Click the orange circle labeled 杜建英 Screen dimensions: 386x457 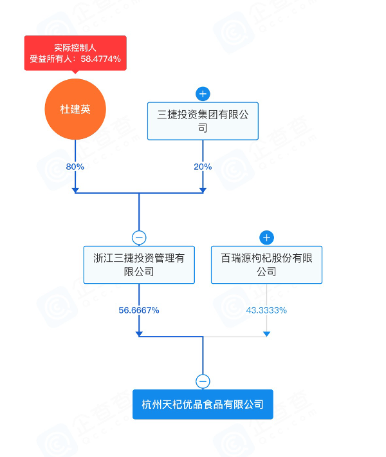pos(75,109)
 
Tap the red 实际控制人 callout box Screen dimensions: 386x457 pos(75,53)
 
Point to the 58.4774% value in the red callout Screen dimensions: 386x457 pos(100,59)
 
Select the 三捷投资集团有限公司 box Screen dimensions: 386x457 pos(203,121)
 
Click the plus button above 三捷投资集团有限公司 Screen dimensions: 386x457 pos(203,94)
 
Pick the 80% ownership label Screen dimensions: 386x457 pos(75,167)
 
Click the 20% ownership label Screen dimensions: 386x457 pos(203,167)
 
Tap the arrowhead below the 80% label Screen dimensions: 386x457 pos(75,191)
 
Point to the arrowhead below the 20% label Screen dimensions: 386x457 pos(203,191)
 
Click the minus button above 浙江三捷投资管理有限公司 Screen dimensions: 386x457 pos(139,238)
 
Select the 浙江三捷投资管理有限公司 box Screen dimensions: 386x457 pos(139,265)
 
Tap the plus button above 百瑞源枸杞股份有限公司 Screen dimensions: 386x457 pos(266,238)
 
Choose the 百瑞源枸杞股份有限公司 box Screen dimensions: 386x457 pos(266,265)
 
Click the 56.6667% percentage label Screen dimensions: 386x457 pos(139,310)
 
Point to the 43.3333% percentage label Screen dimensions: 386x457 pos(266,310)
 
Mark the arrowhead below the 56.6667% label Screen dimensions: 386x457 pos(139,334)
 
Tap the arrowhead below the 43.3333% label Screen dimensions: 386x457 pos(266,334)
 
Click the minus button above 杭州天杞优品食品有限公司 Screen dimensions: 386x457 pos(203,381)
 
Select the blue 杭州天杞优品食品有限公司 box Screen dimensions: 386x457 pos(203,404)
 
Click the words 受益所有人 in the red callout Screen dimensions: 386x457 pos(51,59)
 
